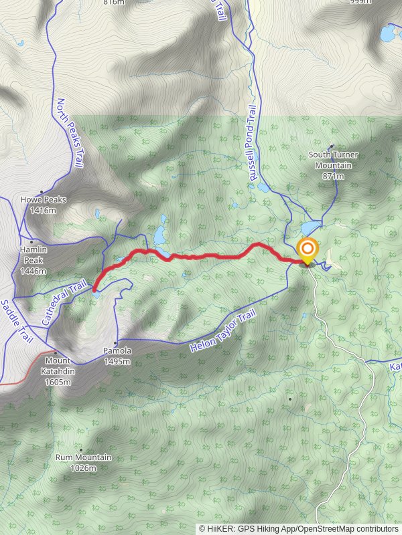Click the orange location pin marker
(308, 251)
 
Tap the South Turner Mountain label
(333, 160)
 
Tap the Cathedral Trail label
(64, 302)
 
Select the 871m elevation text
(333, 176)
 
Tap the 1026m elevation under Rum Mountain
(84, 468)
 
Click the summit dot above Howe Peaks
(42, 191)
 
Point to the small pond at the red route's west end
(96, 293)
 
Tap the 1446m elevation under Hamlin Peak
(33, 271)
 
